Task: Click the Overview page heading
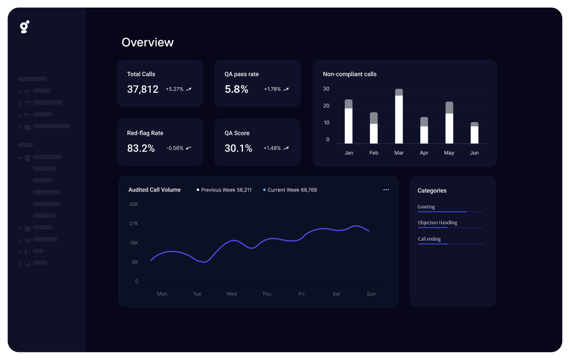click(147, 42)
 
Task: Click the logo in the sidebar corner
click(25, 27)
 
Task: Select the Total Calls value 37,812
click(143, 89)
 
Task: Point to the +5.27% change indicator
click(178, 89)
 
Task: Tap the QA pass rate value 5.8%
click(236, 89)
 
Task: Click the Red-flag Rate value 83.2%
click(141, 148)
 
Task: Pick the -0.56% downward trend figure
click(179, 148)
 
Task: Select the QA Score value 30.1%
click(238, 148)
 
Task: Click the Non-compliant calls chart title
click(349, 74)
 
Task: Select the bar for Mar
click(399, 117)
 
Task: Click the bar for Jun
click(474, 133)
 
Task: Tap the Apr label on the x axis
click(424, 153)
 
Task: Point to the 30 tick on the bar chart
click(326, 89)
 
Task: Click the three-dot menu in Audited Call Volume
click(386, 190)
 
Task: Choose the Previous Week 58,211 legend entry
click(224, 190)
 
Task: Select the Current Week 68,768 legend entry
click(290, 190)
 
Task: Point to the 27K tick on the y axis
click(133, 224)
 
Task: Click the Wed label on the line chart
click(232, 294)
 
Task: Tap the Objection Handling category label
click(438, 223)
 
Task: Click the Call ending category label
click(429, 239)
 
